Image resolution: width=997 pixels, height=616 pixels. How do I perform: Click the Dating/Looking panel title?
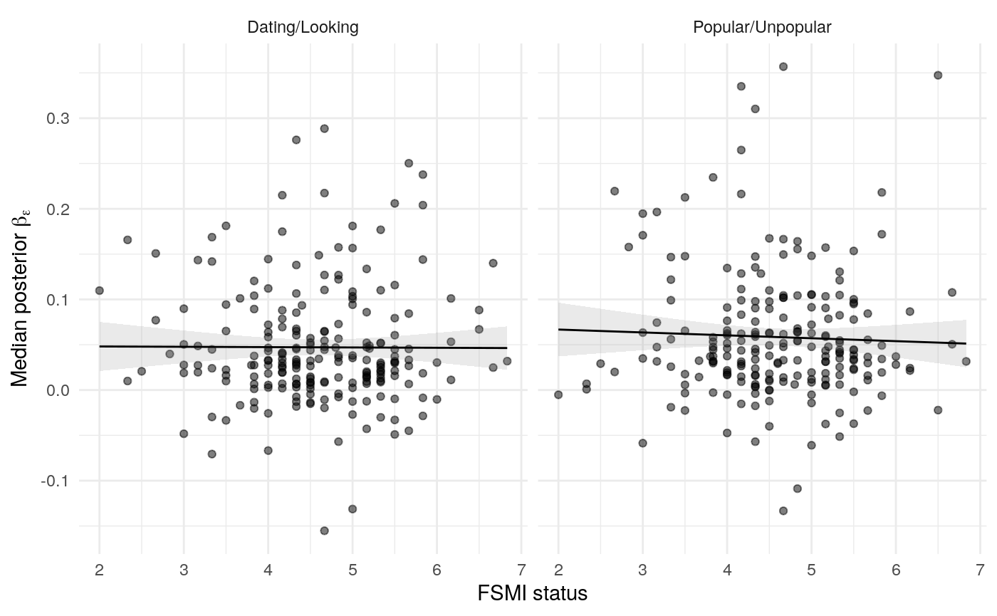pos(303,28)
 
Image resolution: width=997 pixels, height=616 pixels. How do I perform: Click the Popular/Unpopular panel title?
pos(762,28)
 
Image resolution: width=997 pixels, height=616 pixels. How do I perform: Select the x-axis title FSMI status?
pos(533,593)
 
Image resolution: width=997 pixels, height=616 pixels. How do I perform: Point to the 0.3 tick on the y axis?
pos(62,118)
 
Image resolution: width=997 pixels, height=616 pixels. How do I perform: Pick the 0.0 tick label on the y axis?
pos(62,390)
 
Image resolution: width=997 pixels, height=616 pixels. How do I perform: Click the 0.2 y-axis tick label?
pos(62,209)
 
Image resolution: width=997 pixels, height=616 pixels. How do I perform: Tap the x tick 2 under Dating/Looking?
pos(99,570)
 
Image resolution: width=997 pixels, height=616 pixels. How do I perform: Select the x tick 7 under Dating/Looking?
pos(521,570)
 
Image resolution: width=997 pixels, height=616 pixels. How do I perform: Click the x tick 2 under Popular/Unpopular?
pos(558,570)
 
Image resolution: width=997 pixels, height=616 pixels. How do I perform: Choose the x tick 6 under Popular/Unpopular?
pos(895,570)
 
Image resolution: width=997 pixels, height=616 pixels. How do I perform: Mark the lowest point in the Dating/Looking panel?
pos(324,531)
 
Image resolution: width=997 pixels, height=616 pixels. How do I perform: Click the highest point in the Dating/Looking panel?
pos(324,128)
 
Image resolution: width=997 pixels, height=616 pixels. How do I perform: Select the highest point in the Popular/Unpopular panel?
pos(783,66)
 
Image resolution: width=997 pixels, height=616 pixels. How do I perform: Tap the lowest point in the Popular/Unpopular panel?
pos(783,511)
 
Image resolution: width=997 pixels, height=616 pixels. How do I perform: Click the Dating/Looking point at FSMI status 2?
pos(99,290)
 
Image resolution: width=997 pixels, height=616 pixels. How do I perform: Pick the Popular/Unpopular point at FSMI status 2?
pos(558,395)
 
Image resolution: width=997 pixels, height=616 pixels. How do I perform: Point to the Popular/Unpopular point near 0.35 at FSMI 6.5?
pos(938,75)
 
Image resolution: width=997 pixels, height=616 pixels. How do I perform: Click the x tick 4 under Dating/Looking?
pos(268,570)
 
